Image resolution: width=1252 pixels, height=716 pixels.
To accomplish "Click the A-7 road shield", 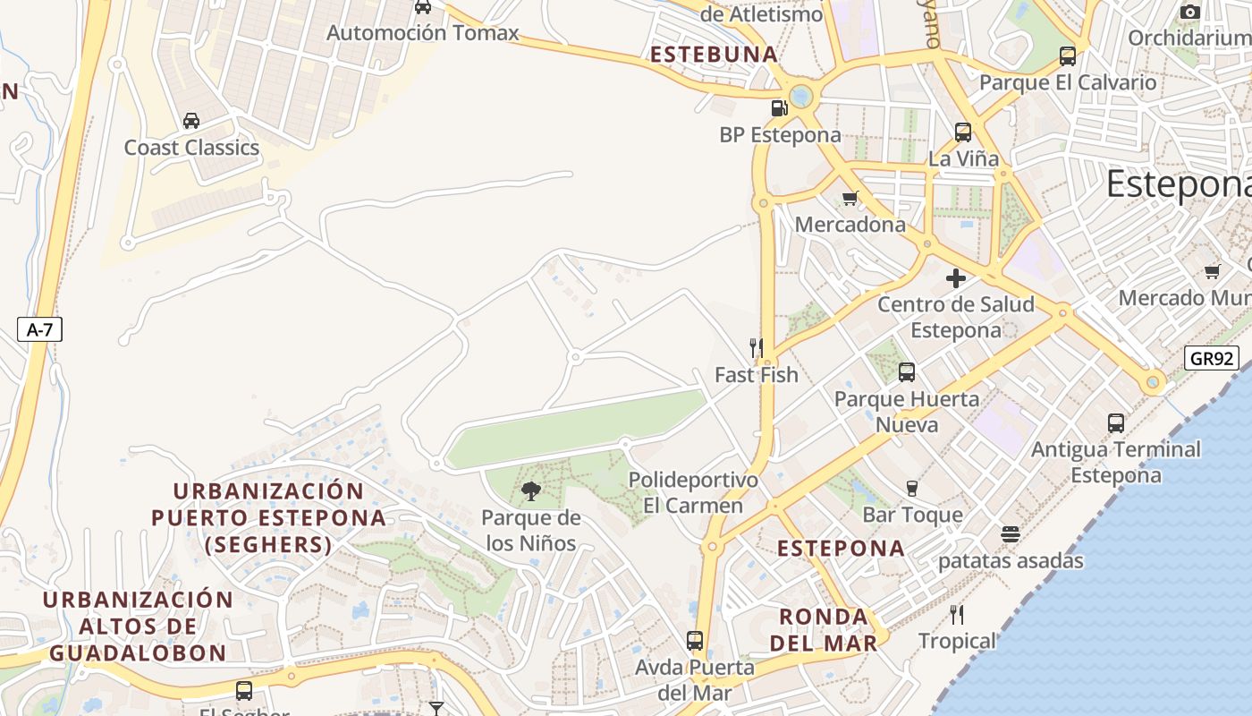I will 39,329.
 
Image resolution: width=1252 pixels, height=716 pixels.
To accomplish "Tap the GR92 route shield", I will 1212,359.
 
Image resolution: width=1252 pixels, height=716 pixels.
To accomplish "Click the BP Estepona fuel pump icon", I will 780,108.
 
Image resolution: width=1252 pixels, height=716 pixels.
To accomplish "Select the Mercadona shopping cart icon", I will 850,198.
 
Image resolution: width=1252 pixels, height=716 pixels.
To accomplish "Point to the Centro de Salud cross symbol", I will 955,277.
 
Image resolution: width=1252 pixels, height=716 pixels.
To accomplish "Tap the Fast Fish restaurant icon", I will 757,347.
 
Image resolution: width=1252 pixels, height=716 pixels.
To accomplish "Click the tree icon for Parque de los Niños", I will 531,490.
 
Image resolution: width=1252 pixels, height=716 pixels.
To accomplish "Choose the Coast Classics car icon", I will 190,121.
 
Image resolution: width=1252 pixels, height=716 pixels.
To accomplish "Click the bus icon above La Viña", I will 962,132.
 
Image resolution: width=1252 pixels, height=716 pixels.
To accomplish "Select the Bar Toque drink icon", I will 912,488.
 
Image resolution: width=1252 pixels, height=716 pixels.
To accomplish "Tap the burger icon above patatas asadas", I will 1011,534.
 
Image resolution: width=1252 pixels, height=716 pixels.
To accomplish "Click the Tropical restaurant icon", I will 957,614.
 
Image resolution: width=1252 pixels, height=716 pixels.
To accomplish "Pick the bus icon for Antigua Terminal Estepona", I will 1115,422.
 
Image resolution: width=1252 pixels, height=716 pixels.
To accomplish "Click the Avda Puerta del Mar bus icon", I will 694,641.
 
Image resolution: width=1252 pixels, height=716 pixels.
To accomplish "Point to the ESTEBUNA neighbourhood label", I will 714,55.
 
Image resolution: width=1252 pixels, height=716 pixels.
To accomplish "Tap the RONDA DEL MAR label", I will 823,629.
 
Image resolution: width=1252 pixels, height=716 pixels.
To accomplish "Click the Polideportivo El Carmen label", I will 693,492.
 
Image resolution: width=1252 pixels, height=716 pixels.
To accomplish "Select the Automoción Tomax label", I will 422,33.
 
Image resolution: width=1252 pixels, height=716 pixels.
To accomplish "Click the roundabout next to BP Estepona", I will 800,95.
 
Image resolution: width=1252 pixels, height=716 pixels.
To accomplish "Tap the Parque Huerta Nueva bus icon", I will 906,371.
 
